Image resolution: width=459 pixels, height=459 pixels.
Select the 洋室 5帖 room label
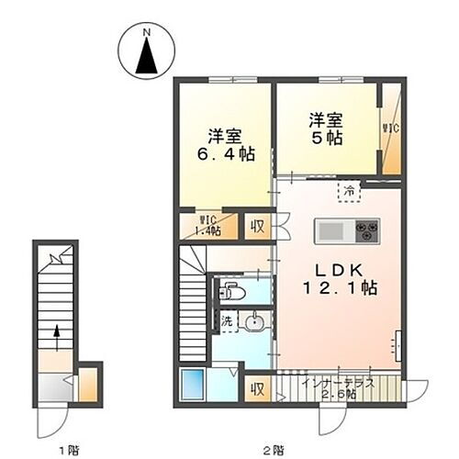(326, 129)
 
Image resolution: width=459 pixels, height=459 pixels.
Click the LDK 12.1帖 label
(333, 277)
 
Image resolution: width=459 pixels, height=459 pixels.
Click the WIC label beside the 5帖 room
(388, 128)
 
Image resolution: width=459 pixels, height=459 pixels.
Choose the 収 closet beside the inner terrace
(258, 389)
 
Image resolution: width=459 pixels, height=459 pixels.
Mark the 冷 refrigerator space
(349, 191)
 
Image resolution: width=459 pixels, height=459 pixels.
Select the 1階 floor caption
(65, 449)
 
